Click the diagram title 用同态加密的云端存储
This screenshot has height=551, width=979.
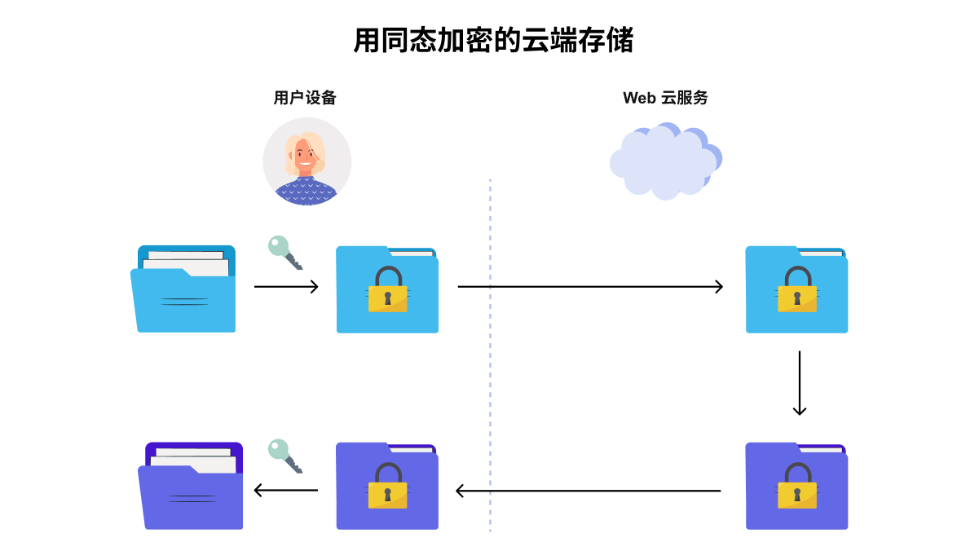click(493, 40)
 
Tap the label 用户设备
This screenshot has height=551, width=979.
click(305, 98)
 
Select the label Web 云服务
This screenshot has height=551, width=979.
click(665, 98)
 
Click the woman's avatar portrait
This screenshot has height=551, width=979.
click(306, 161)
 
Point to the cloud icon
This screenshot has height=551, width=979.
click(666, 161)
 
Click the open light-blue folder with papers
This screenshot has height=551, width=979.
click(183, 289)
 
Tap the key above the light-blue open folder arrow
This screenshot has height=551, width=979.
click(285, 253)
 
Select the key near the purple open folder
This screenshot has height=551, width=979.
click(285, 456)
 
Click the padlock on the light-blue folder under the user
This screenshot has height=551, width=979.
click(388, 289)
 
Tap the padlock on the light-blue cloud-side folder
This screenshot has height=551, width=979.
click(797, 289)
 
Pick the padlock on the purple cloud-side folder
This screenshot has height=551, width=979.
click(797, 486)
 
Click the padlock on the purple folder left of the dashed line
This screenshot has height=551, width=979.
click(388, 486)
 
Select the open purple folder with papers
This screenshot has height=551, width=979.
click(191, 486)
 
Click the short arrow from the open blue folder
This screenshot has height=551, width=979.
click(286, 287)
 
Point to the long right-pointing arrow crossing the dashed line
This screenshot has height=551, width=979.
click(590, 287)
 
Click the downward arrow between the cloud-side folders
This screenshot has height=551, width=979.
click(800, 383)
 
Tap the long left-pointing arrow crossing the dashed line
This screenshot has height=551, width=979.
click(589, 491)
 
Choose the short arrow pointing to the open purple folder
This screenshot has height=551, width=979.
click(286, 490)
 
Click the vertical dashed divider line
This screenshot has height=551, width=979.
click(490, 355)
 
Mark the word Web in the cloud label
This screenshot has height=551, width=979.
click(639, 98)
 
